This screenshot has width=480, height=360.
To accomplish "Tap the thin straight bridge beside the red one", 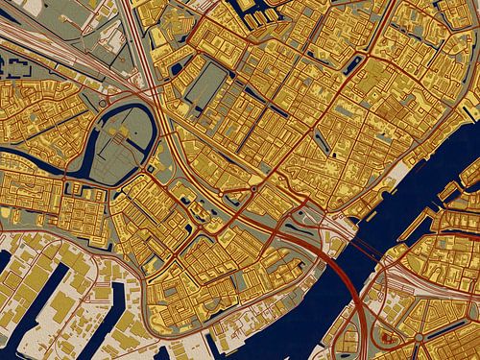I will (x=360, y=244).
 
